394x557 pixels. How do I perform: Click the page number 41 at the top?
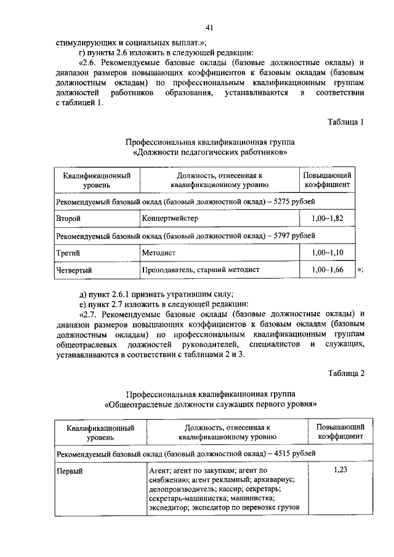pos(209,27)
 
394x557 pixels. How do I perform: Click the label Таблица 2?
pos(347,373)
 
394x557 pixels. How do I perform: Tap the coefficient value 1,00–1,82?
pos(326,218)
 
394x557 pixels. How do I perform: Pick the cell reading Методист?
pos(159,253)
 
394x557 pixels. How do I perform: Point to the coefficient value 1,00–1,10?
pos(326,253)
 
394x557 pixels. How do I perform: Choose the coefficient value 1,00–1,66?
pos(326,270)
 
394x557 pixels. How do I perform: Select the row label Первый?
pos(70,471)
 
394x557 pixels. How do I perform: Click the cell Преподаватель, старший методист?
pos(201,270)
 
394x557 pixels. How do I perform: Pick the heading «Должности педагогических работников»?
pos(209,151)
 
